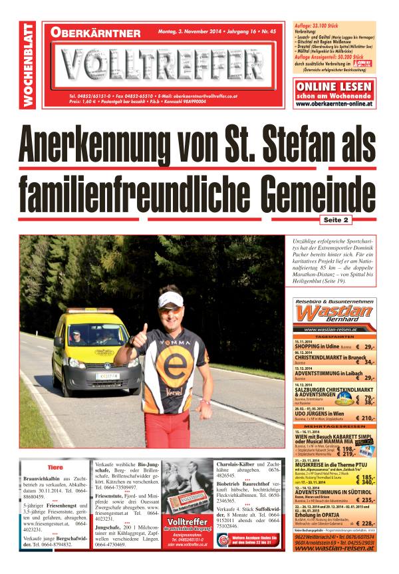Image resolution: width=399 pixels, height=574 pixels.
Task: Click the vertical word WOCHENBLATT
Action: pyautogui.click(x=29, y=65)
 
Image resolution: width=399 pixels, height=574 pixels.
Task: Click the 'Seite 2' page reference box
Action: pyautogui.click(x=336, y=219)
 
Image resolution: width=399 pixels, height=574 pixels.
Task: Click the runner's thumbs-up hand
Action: pyautogui.click(x=142, y=333)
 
